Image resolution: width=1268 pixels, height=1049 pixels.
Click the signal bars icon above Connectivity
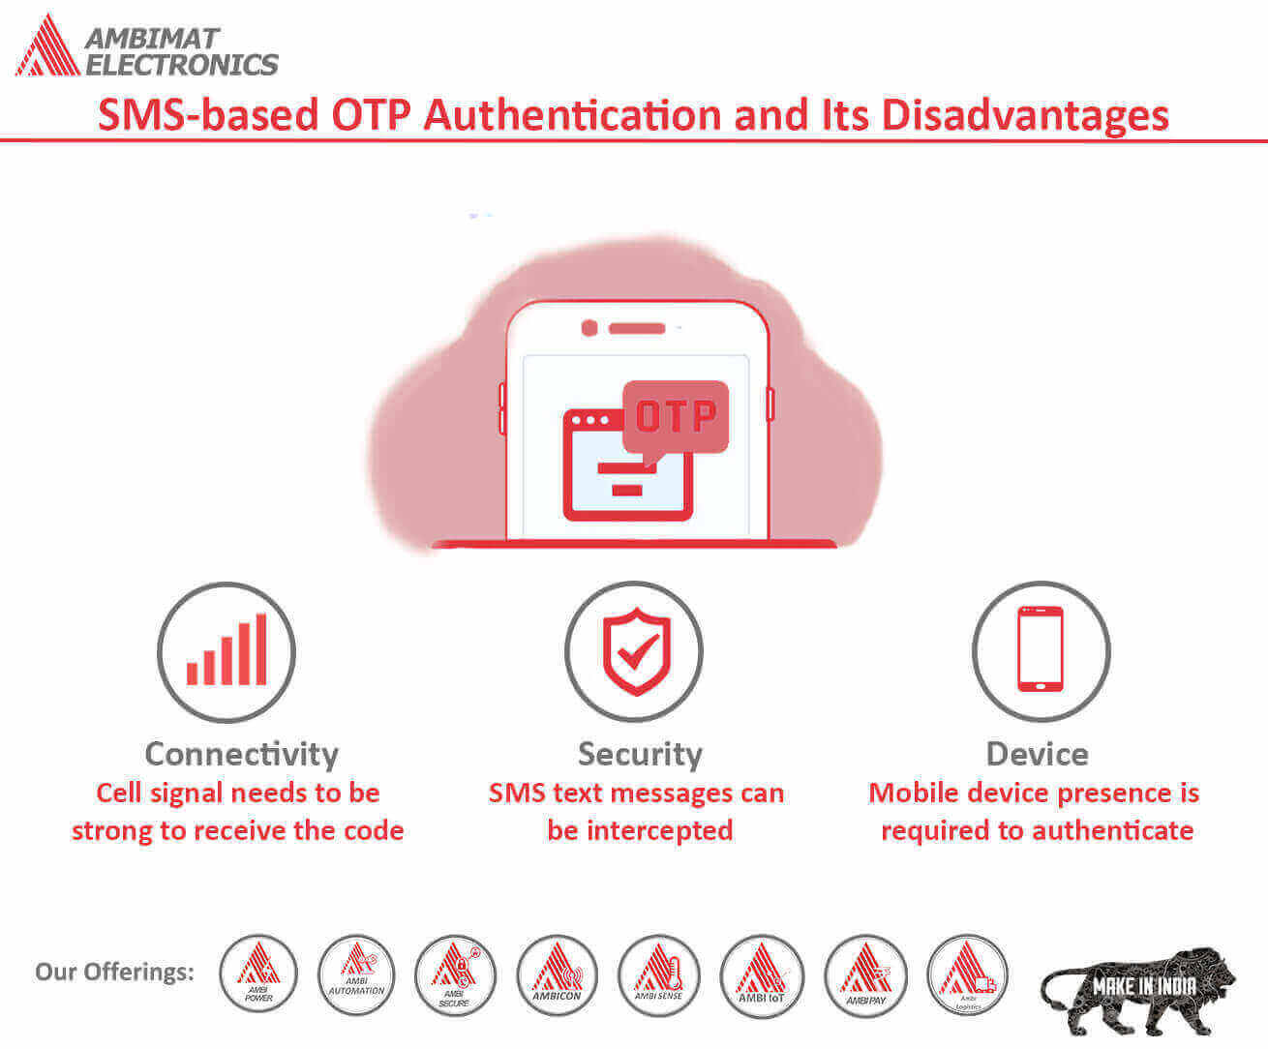tap(226, 651)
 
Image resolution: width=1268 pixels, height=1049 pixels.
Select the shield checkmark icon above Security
tap(635, 651)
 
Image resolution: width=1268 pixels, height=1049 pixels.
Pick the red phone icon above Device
tap(1041, 649)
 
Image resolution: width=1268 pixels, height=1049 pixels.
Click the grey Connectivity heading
tap(241, 754)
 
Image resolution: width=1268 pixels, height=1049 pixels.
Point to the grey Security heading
tap(640, 754)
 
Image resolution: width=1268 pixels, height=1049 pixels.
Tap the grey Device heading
tap(1037, 754)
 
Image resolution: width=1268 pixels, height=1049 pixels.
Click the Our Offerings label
tap(114, 972)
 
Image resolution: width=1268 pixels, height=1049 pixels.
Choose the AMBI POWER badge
tap(258, 974)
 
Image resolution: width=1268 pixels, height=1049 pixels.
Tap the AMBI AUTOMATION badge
tap(357, 974)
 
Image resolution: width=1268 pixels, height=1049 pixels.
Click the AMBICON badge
tap(557, 974)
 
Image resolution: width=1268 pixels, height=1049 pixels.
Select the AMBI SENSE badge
tap(658, 974)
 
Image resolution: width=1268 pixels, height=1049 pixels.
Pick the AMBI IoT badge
tap(762, 974)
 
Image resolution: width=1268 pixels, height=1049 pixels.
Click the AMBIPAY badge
tap(865, 974)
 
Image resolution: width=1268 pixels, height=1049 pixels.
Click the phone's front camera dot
tap(589, 328)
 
